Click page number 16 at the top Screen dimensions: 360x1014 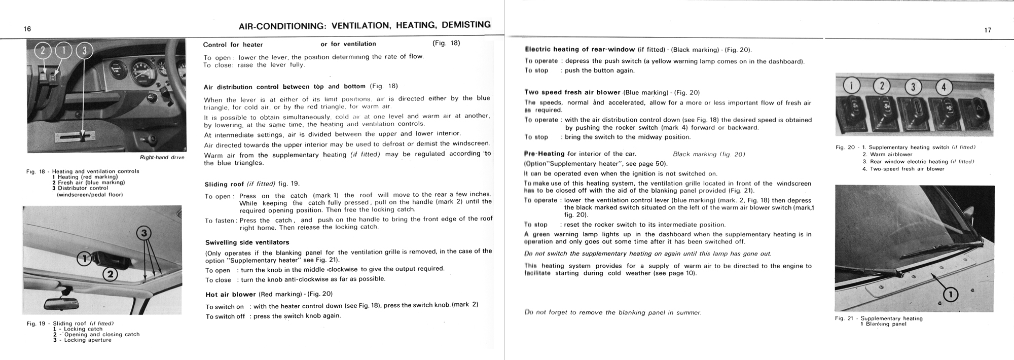(x=27, y=29)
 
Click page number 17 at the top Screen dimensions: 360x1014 (x=988, y=30)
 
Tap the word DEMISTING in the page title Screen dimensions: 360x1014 (x=466, y=25)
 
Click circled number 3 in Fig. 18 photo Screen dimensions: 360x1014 (x=85, y=51)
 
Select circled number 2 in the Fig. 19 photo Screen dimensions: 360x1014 (x=110, y=275)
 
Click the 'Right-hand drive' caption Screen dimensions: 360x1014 (x=162, y=158)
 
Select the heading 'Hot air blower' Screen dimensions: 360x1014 (x=231, y=294)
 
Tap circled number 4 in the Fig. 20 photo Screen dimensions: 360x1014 (x=943, y=88)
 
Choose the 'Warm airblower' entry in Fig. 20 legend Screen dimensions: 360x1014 (x=891, y=155)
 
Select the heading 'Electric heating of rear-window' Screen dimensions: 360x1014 (x=580, y=49)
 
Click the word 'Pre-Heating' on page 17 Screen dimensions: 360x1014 (x=545, y=154)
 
